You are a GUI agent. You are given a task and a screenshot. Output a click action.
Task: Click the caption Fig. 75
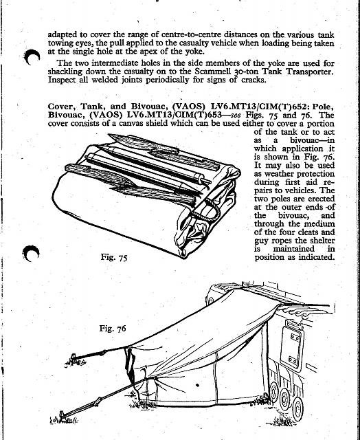[x=114, y=257]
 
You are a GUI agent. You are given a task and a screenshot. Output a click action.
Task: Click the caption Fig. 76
[x=113, y=329]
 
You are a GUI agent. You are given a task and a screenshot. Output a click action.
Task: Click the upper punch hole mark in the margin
[x=32, y=56]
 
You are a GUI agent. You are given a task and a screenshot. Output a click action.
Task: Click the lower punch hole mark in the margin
[x=30, y=253]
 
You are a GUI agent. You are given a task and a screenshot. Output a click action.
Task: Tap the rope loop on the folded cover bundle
[x=208, y=209]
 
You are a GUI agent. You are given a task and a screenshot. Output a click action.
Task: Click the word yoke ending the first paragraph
[x=194, y=52]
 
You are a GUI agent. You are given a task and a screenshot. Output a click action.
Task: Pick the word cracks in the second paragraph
[x=253, y=80]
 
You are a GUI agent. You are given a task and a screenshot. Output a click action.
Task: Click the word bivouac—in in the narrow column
[x=312, y=140]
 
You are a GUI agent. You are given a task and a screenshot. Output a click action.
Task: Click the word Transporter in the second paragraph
[x=310, y=71]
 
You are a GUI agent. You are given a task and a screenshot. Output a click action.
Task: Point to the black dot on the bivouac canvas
[x=197, y=385]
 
